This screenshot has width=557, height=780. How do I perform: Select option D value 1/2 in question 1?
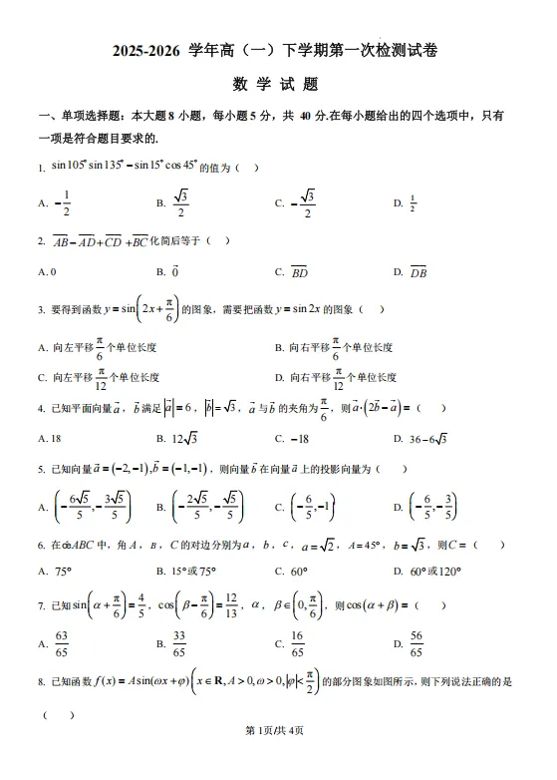coord(412,202)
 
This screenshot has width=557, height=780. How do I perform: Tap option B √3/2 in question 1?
coord(180,202)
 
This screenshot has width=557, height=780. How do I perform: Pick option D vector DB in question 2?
coord(418,271)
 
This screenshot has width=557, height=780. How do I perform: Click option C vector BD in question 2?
coord(299,271)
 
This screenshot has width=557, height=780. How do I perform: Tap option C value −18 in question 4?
coord(300,438)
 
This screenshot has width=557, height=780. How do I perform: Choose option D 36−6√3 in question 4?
coord(428,438)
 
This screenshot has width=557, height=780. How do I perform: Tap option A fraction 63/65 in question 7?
coord(61,644)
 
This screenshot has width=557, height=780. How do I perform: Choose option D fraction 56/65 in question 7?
coord(416,644)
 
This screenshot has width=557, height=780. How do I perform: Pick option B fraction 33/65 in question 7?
coord(180,644)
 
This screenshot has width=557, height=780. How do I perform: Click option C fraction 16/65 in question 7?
coord(297,644)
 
